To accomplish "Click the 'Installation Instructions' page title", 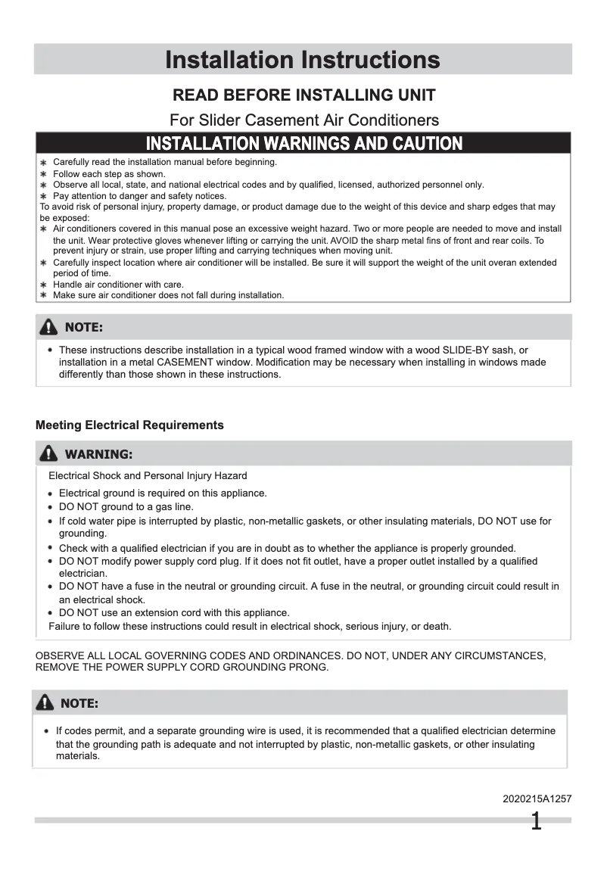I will pos(303,60).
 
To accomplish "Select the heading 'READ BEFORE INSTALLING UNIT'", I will pos(304,95).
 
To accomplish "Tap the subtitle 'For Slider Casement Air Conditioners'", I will pos(304,120).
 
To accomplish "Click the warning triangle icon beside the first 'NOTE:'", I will pos(48,327).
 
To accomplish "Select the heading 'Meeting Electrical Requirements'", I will pos(129,425).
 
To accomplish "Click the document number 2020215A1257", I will pos(537,799).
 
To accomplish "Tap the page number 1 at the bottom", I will pos(536,822).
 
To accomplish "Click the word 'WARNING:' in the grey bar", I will pos(98,455).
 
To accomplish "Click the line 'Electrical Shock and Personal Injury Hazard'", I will pos(148,476).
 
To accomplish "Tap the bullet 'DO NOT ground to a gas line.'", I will pos(126,507).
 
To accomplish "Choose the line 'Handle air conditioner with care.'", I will pos(118,285).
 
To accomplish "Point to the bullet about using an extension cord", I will pos(174,613).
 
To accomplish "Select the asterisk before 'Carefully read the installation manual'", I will pos(44,163).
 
